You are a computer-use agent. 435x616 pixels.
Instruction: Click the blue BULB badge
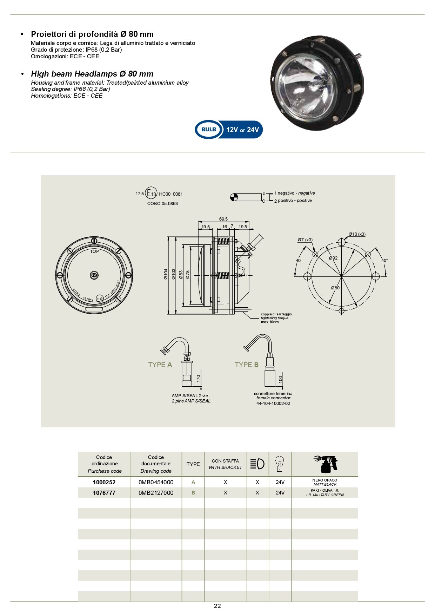click(x=209, y=130)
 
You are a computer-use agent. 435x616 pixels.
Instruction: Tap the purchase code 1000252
click(x=104, y=482)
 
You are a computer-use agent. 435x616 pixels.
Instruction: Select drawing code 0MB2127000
click(x=156, y=493)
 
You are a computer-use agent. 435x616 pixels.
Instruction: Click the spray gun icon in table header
click(x=325, y=464)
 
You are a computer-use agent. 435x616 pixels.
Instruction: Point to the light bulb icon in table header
click(x=280, y=464)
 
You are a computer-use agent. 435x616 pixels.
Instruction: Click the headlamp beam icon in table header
click(x=257, y=464)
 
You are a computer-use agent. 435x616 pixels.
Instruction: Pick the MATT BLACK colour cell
click(x=325, y=482)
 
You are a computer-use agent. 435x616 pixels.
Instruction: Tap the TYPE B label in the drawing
click(x=247, y=365)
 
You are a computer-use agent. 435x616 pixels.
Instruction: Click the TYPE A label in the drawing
click(x=160, y=365)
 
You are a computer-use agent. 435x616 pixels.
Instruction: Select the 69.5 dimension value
click(x=223, y=219)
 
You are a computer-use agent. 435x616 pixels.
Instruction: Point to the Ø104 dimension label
click(x=166, y=274)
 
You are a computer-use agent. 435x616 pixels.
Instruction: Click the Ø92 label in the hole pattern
click(x=333, y=258)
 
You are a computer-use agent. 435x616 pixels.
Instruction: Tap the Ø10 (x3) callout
click(x=357, y=234)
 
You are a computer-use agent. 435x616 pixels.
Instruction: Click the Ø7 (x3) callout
click(x=305, y=240)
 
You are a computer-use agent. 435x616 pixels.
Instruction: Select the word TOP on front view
click(x=94, y=251)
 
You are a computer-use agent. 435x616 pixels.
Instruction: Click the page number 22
click(x=217, y=606)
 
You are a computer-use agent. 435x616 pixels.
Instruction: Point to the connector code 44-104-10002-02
click(x=273, y=404)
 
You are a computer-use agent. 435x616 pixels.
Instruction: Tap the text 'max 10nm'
click(x=270, y=322)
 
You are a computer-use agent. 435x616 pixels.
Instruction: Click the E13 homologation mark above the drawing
click(x=152, y=194)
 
